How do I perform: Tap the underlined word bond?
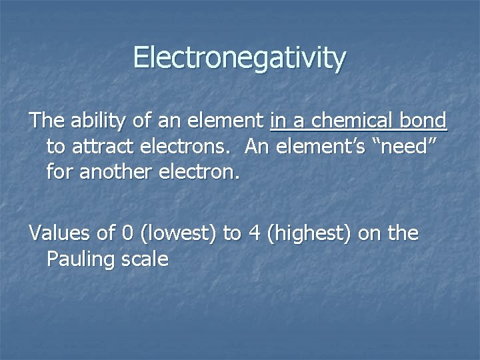tap(423, 121)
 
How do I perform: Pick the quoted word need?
tap(407, 146)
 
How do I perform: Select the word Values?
tap(60, 233)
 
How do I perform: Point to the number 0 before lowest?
tap(127, 233)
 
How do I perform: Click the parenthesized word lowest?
tap(177, 234)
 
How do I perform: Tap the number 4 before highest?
tap(254, 233)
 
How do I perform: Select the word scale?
tap(145, 259)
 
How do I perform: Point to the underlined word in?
tap(279, 121)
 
